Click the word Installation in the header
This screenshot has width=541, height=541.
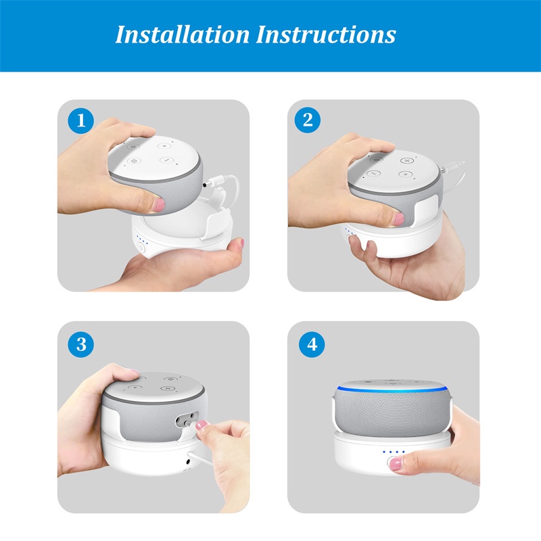coord(183,34)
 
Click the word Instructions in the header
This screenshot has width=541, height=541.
coord(326,34)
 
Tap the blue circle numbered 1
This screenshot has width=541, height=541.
coord(80,121)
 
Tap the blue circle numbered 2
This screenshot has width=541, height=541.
coord(308,120)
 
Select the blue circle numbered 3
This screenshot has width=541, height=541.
coord(81,344)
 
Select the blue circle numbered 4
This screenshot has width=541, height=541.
coord(312,344)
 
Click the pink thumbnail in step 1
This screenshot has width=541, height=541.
coord(159,204)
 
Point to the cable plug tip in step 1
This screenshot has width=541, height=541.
coord(206,185)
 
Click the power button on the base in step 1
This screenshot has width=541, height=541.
coord(141,248)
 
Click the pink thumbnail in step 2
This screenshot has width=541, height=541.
coord(398,219)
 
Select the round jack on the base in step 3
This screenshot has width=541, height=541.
coord(189,462)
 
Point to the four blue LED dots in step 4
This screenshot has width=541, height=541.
coord(394,452)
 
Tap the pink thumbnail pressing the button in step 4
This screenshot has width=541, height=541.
coord(395,464)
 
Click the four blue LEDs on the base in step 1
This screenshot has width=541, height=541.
coord(142,239)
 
